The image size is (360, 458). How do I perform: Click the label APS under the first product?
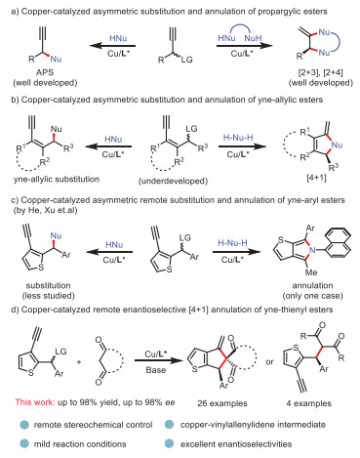tap(45, 72)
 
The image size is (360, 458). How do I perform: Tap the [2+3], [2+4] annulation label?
tap(321, 72)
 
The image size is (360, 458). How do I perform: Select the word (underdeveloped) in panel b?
tap(173, 181)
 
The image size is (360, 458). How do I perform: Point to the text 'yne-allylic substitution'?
tap(57, 179)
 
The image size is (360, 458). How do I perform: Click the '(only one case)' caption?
tap(312, 296)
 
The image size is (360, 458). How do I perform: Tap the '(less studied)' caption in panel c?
tap(48, 296)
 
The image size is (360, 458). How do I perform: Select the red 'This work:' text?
tap(35, 402)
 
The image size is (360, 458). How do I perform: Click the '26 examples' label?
tap(222, 403)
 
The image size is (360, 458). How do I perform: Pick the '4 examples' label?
tap(309, 403)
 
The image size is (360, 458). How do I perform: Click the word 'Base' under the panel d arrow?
tap(156, 370)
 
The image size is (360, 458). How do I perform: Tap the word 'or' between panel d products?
tap(269, 362)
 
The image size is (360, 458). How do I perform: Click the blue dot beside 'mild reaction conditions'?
tap(24, 443)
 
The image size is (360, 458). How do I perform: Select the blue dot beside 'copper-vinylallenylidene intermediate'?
tap(169, 425)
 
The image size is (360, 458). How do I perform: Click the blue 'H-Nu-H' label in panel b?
tap(238, 138)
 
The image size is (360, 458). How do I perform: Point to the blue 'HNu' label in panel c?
tap(114, 244)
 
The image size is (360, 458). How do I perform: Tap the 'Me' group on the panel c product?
tap(311, 272)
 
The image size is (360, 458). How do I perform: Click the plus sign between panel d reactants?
tap(79, 361)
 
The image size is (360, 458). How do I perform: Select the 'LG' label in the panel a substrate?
tap(187, 60)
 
